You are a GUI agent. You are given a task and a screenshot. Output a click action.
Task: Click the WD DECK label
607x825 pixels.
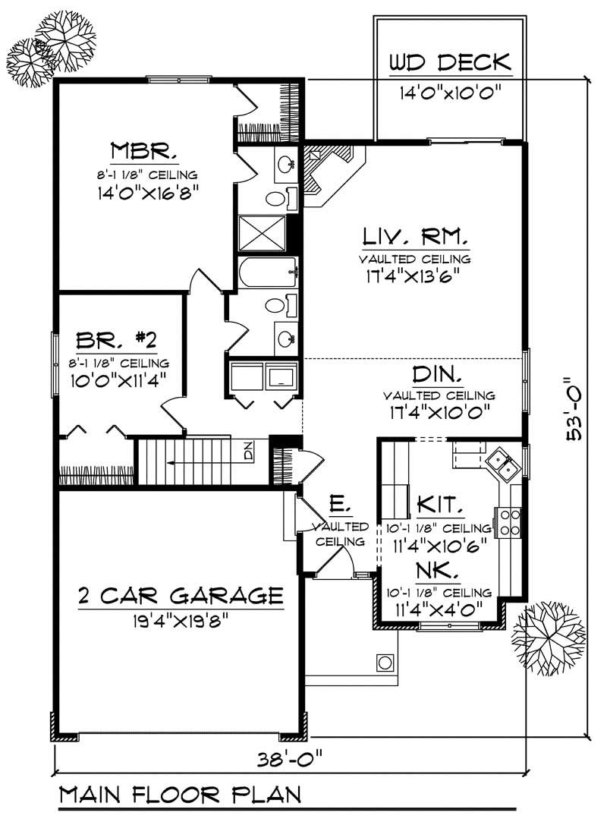click(450, 62)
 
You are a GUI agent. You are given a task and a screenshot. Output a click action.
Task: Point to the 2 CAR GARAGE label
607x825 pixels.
click(181, 594)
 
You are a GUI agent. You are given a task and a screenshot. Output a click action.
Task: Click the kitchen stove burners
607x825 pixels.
click(508, 521)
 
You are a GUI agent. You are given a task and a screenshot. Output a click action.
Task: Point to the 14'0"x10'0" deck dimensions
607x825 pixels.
click(451, 94)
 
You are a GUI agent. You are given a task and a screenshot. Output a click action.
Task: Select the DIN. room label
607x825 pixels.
click(439, 374)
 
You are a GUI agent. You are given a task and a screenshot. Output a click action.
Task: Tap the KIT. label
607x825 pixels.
click(440, 504)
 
